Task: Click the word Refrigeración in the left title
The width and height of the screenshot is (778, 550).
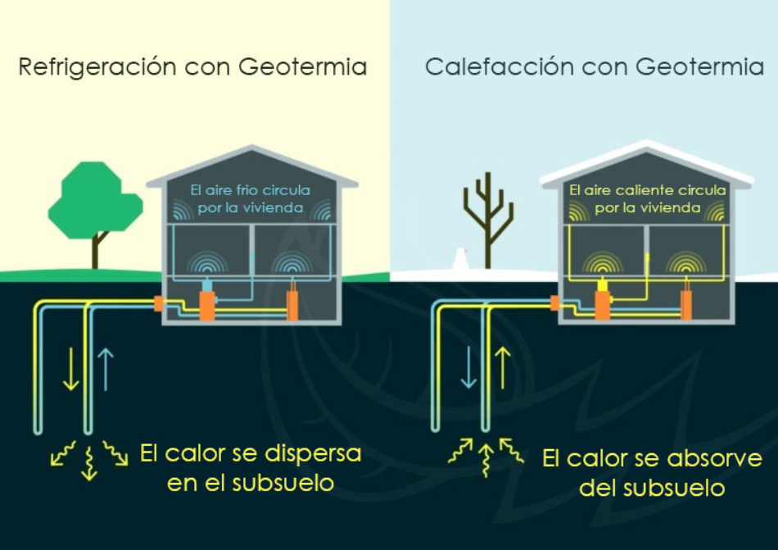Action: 97,67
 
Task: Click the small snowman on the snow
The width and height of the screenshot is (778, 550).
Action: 460,259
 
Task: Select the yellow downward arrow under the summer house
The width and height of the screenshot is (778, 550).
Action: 71,369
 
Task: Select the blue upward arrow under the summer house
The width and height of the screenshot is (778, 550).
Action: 105,369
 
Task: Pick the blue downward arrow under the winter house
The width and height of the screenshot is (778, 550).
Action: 468,367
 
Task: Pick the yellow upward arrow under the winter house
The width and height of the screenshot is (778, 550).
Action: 503,367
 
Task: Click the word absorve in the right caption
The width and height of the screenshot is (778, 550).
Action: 714,458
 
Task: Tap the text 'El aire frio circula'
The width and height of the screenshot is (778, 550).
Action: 251,190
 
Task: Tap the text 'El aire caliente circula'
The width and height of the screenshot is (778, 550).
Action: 648,190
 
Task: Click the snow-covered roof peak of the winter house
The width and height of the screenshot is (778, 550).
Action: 646,144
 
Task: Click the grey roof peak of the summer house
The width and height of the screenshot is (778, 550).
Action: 252,148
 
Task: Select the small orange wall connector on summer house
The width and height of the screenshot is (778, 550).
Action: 159,303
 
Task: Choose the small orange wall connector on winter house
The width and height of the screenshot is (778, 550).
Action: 554,302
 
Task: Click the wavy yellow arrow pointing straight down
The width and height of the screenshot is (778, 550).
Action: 88,463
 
